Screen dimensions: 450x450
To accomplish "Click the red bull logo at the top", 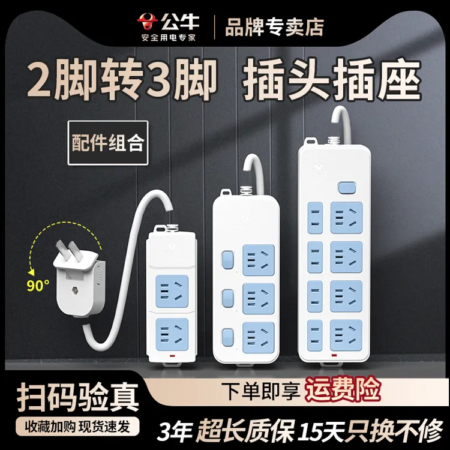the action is coord(148,22).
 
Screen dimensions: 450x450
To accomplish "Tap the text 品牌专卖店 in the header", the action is coord(274,27).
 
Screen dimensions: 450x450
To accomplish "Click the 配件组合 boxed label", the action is coord(108,143).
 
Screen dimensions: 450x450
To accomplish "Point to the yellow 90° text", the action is coord(38,286).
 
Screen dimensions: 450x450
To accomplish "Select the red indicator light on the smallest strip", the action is coord(172,356).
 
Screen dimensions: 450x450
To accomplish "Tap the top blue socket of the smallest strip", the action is coord(172,291).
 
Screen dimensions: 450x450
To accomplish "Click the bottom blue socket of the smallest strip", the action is coord(172,334).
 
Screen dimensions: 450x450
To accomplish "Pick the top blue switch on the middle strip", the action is coord(227,260).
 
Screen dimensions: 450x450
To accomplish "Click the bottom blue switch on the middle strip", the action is coord(227,337).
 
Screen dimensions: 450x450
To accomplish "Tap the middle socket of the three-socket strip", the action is coord(258,298).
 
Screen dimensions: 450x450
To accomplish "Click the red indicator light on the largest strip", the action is coord(334,356).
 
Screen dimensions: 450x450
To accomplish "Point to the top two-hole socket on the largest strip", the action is coord(315,218).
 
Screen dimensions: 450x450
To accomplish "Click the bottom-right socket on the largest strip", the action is coord(346,335).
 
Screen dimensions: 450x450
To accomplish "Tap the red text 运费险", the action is coord(343,389).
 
